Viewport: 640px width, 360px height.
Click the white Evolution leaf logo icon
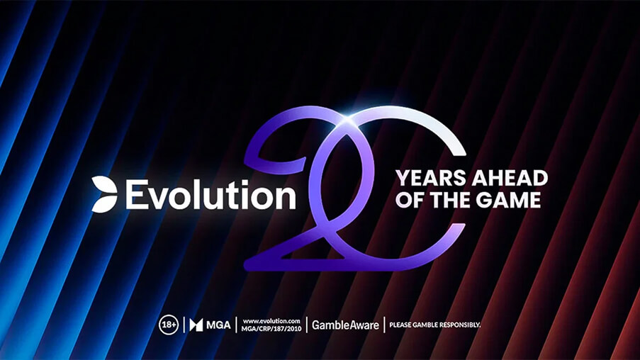104,194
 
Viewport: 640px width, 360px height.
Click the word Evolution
210,195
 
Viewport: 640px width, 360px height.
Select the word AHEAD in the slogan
510,179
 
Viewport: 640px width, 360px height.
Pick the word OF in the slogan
410,200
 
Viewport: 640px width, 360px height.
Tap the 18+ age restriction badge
169,325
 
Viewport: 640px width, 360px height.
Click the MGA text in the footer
218,325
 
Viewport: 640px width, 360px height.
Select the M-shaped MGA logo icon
196,325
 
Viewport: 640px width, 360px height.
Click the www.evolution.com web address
271,321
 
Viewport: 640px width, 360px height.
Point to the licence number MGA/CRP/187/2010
271,329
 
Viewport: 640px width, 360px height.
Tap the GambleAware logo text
345,325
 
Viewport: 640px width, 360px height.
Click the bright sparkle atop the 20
347,118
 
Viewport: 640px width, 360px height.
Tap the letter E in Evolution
135,195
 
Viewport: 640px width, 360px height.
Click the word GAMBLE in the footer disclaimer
422,325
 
